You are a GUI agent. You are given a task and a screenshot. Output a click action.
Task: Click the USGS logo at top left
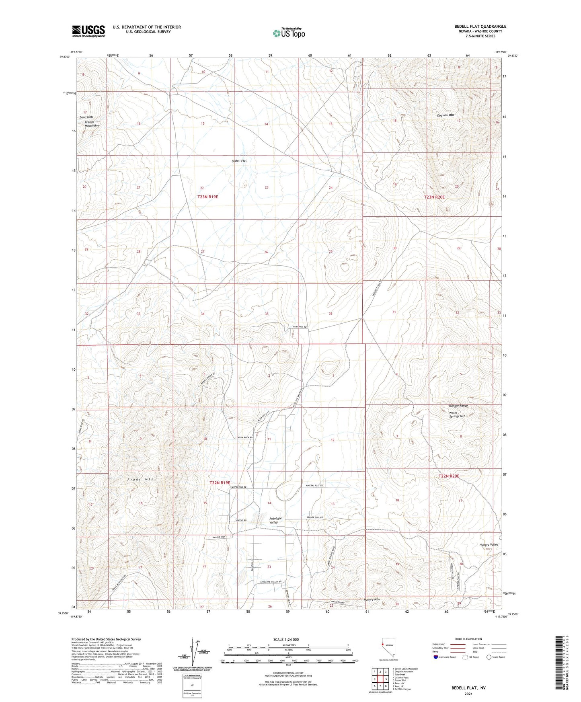[x=88, y=31]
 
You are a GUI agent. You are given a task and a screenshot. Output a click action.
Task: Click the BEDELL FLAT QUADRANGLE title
[x=480, y=27]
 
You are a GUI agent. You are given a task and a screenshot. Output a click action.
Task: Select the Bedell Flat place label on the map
[x=239, y=161]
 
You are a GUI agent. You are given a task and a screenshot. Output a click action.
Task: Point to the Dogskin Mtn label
[x=446, y=115]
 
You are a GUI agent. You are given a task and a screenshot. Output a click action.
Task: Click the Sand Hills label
[x=86, y=117]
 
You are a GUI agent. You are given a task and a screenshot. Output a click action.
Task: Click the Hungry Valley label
[x=489, y=545]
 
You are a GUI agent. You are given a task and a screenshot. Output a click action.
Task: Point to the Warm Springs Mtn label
[x=457, y=415]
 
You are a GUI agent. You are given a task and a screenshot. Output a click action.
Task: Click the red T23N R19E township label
[x=208, y=197]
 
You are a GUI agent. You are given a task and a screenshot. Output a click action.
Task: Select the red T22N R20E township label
[x=449, y=476]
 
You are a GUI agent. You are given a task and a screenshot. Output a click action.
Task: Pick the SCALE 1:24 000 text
[x=286, y=640]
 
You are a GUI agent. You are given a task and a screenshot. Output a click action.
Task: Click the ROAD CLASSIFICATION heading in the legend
[x=469, y=639]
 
